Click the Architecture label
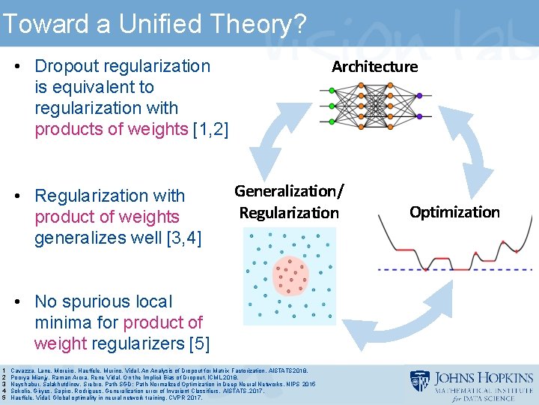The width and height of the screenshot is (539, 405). click(374, 67)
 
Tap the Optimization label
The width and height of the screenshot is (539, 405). click(454, 212)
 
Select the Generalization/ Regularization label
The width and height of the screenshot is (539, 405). click(289, 202)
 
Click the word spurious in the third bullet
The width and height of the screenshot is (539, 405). click(97, 301)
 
